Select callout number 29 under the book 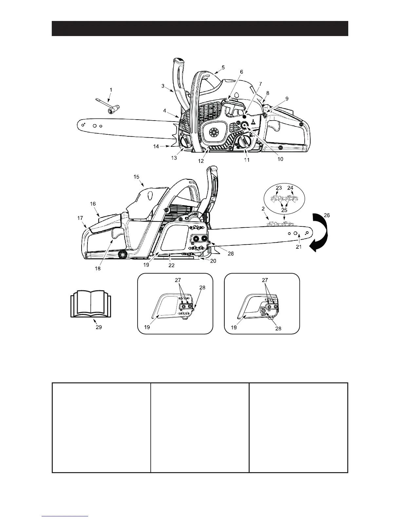click(x=99, y=327)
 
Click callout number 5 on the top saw click(x=223, y=67)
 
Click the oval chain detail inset click(x=284, y=198)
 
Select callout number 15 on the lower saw click(x=136, y=177)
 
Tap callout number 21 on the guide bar click(x=298, y=247)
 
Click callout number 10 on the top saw click(x=280, y=159)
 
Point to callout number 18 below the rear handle click(x=98, y=269)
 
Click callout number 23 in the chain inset click(x=279, y=188)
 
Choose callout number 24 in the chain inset click(x=290, y=188)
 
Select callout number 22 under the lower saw click(x=171, y=265)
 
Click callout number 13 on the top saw click(x=174, y=158)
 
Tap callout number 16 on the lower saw click(x=93, y=204)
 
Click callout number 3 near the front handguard click(x=163, y=86)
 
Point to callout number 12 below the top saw click(x=201, y=161)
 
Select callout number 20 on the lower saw click(x=213, y=261)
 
